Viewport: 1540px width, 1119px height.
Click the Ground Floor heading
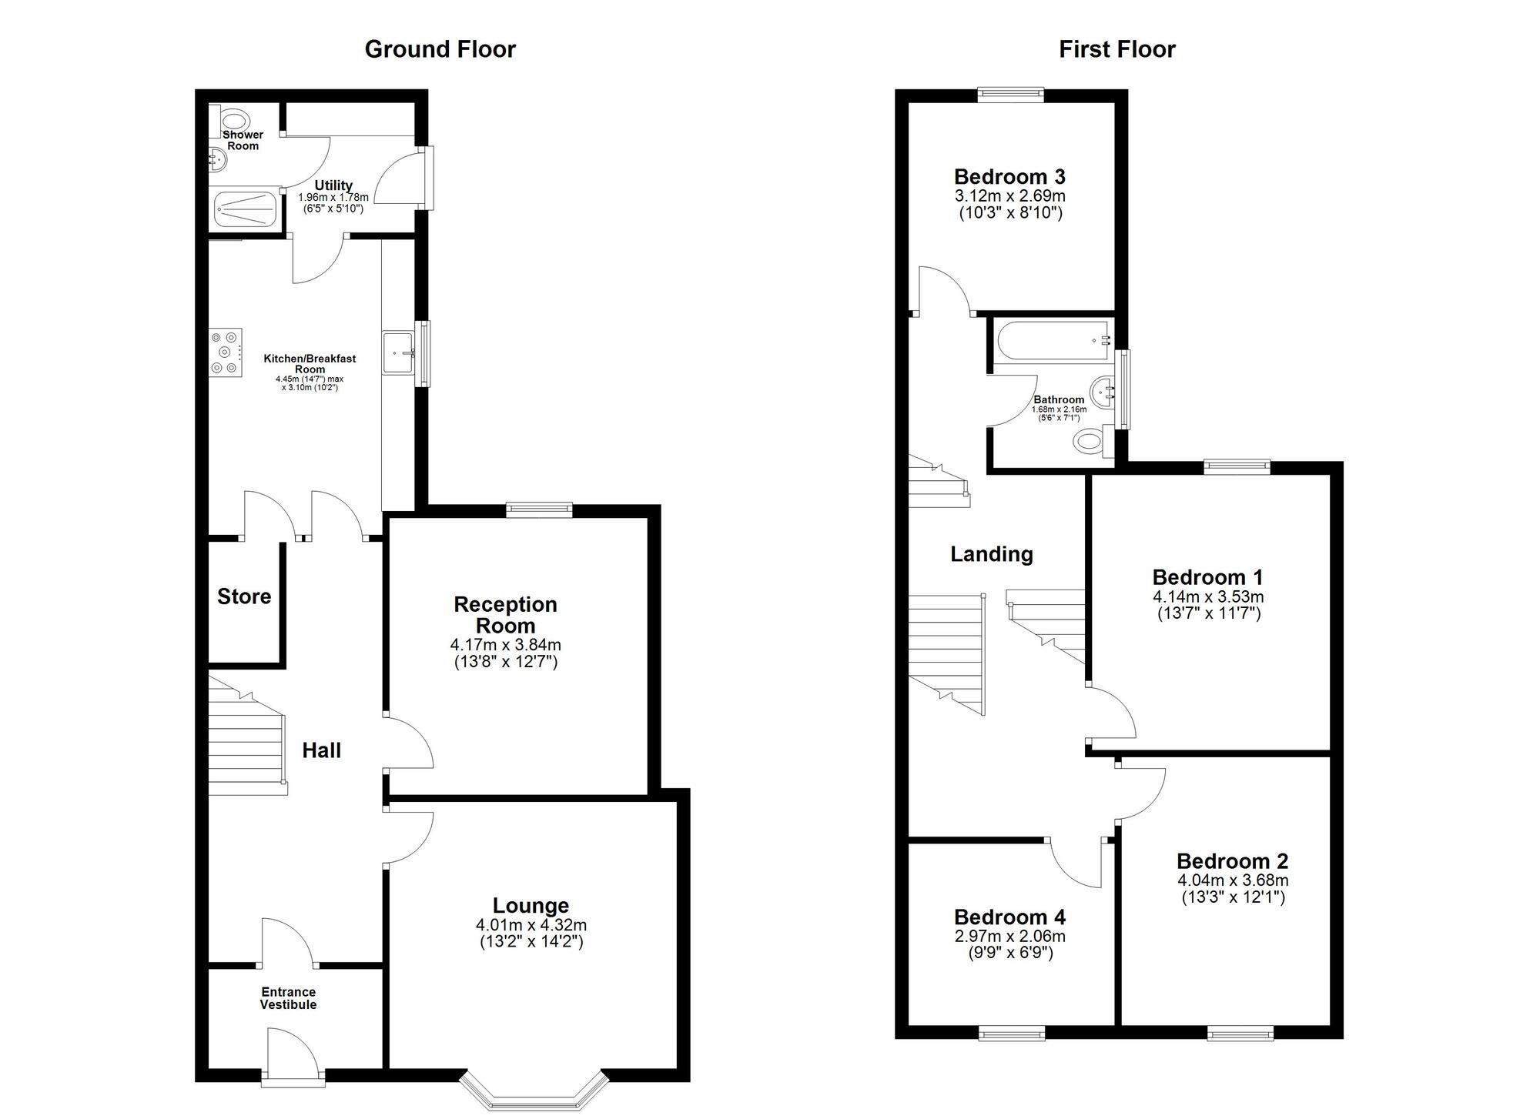tap(440, 49)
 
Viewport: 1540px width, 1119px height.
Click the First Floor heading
tap(1116, 49)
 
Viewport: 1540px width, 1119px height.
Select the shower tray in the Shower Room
tap(244, 209)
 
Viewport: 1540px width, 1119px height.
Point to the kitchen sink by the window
tap(399, 353)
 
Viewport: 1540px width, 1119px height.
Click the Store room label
tap(244, 596)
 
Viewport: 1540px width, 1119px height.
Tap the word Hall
tap(321, 750)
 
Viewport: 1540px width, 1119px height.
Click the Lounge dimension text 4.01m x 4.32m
tap(531, 925)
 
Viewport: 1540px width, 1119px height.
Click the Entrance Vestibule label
tap(288, 998)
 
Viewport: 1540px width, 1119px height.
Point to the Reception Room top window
tap(539, 509)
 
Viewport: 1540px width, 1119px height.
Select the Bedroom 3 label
tap(1009, 177)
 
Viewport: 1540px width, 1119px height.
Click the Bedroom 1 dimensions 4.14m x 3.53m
tap(1207, 596)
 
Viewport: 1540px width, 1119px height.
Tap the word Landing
tap(991, 554)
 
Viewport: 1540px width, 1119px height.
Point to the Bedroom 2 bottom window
tap(1240, 1034)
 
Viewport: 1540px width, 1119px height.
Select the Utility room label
tap(333, 185)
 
